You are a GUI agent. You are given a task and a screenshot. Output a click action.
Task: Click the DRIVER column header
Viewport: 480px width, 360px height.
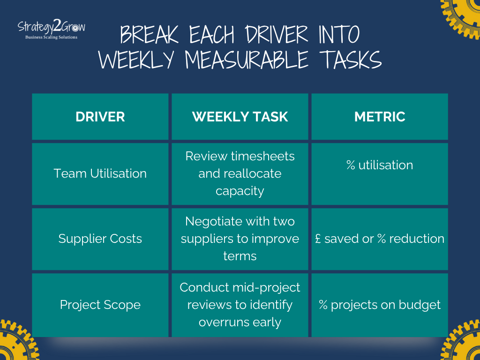tap(100, 117)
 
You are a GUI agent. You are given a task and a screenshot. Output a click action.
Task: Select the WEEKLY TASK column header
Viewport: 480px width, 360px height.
tap(240, 117)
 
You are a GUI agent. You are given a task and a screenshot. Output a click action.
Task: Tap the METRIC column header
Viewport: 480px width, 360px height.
tap(380, 117)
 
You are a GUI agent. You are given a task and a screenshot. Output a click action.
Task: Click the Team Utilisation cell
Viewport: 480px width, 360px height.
tap(100, 173)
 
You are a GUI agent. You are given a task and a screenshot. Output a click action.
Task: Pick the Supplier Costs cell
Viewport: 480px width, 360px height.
tap(100, 239)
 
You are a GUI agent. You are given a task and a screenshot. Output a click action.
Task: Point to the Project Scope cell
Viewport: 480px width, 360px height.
tap(100, 305)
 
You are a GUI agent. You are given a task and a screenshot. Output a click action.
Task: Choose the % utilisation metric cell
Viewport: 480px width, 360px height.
tap(380, 165)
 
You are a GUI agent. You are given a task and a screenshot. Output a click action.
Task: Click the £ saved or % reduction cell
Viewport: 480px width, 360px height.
tap(380, 239)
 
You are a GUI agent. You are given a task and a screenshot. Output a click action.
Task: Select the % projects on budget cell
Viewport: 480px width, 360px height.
tap(380, 305)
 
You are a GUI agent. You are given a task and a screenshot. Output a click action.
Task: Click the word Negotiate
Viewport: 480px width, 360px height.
tap(213, 221)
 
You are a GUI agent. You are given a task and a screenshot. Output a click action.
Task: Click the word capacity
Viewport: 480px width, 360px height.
tap(240, 191)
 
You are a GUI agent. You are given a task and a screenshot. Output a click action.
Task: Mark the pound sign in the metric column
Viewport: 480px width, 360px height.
tap(318, 239)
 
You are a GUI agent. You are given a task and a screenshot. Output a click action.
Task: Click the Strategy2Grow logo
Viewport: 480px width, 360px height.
tap(52, 27)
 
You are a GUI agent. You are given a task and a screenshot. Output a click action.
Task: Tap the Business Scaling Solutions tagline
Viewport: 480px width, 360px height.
tap(52, 37)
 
